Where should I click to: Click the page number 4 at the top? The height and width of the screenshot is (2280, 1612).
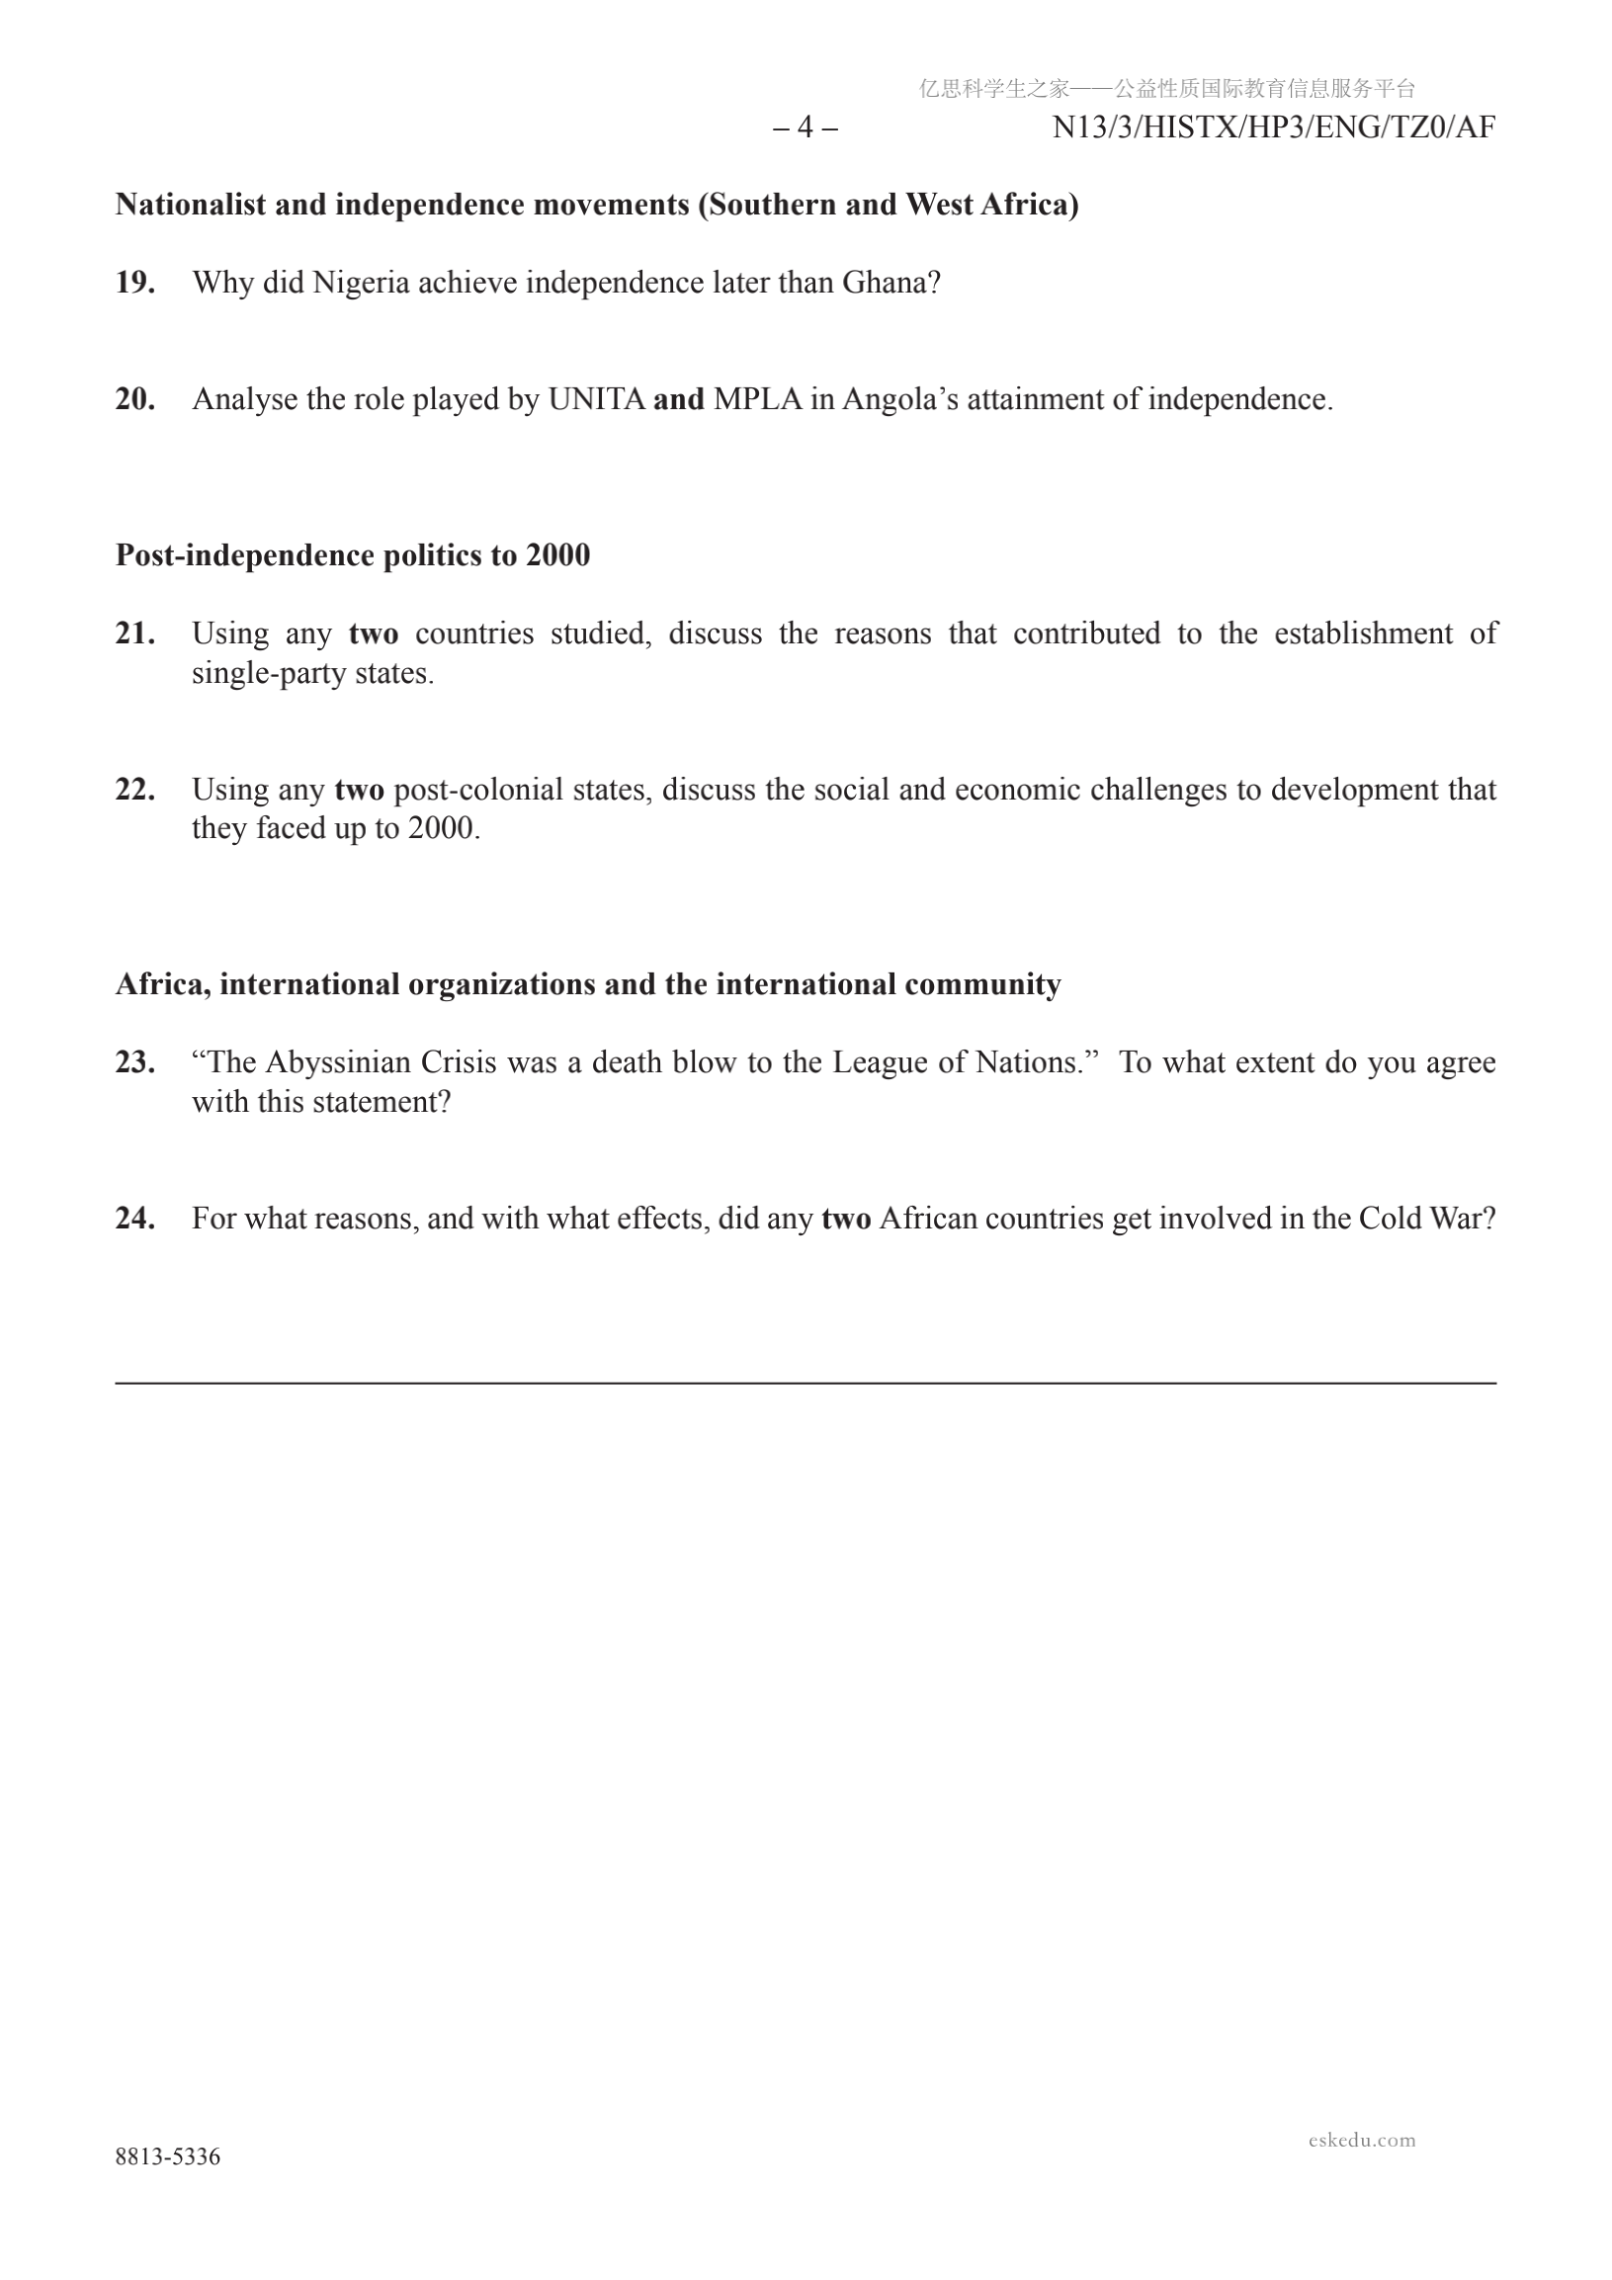(806, 128)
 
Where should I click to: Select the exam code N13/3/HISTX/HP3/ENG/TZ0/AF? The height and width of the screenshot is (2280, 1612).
(1273, 128)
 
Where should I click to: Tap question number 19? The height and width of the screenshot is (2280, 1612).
(135, 283)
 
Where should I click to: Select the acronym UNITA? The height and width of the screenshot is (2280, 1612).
(596, 399)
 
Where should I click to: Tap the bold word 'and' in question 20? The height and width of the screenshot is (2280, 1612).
(678, 399)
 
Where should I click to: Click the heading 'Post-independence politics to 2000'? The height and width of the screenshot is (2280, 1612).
(353, 555)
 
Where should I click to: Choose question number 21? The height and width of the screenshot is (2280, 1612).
(135, 633)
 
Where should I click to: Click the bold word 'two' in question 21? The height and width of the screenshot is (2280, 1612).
(374, 633)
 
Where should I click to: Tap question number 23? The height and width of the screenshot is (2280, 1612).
(135, 1062)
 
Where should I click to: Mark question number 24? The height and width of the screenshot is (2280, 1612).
(135, 1219)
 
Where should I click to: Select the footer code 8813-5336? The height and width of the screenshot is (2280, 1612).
(168, 2156)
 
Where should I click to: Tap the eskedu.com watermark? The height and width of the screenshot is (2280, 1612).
(1362, 2140)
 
